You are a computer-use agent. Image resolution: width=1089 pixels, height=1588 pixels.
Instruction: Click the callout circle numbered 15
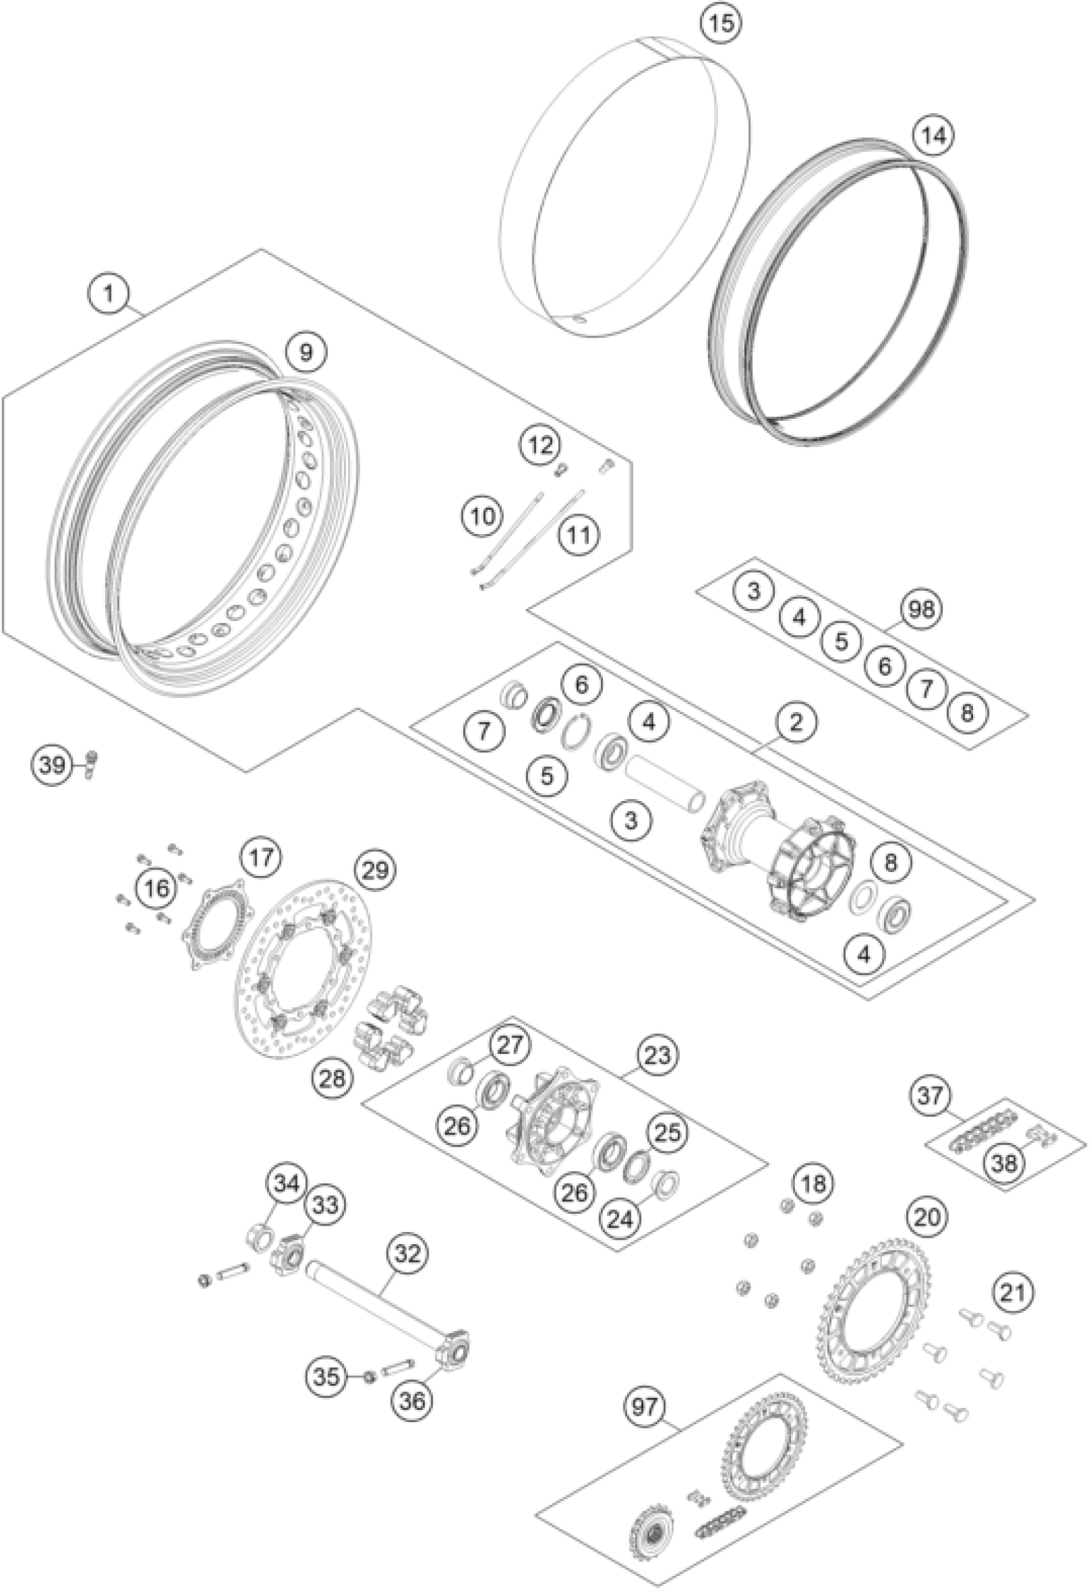(x=721, y=23)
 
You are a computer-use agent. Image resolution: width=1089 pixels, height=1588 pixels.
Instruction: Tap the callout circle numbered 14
(x=934, y=136)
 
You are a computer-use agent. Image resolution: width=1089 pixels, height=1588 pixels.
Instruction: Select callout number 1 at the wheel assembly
(x=109, y=295)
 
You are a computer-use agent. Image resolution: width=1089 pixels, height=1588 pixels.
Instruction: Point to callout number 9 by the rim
(x=306, y=353)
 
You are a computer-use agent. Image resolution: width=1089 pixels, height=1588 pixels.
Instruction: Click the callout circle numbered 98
(x=921, y=608)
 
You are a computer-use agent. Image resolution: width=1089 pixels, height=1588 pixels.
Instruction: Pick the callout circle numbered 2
(x=794, y=722)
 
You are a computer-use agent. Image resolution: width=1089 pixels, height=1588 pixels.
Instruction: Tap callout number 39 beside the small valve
(x=52, y=764)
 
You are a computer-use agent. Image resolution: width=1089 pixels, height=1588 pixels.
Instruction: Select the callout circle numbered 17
(x=261, y=857)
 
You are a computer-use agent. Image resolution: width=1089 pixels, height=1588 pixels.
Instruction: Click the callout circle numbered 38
(x=1004, y=1162)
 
